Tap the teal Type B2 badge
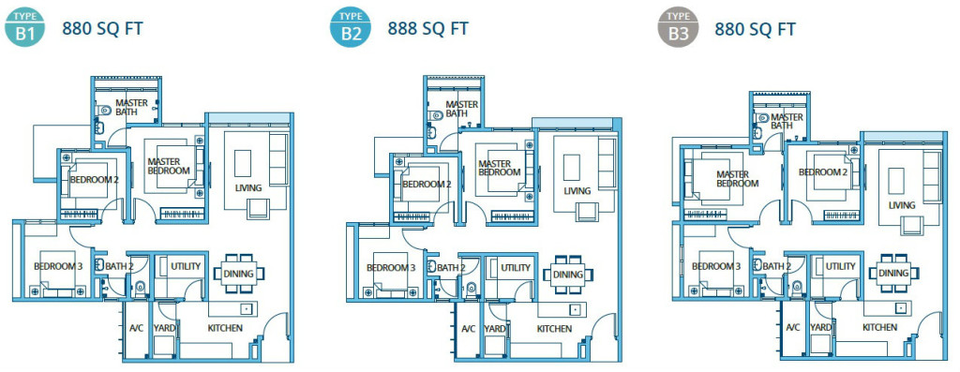(x=351, y=29)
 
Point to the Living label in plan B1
(x=248, y=188)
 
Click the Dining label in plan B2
(x=568, y=275)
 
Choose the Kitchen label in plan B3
(x=880, y=328)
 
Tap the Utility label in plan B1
(x=186, y=267)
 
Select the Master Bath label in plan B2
(x=461, y=110)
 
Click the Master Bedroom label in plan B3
(x=737, y=179)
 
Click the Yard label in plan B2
(x=495, y=329)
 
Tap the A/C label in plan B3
(x=793, y=328)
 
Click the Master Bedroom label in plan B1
(x=169, y=166)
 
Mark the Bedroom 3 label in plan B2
(x=391, y=268)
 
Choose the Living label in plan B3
(x=902, y=205)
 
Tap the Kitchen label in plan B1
(x=225, y=328)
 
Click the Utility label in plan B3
(x=840, y=267)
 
